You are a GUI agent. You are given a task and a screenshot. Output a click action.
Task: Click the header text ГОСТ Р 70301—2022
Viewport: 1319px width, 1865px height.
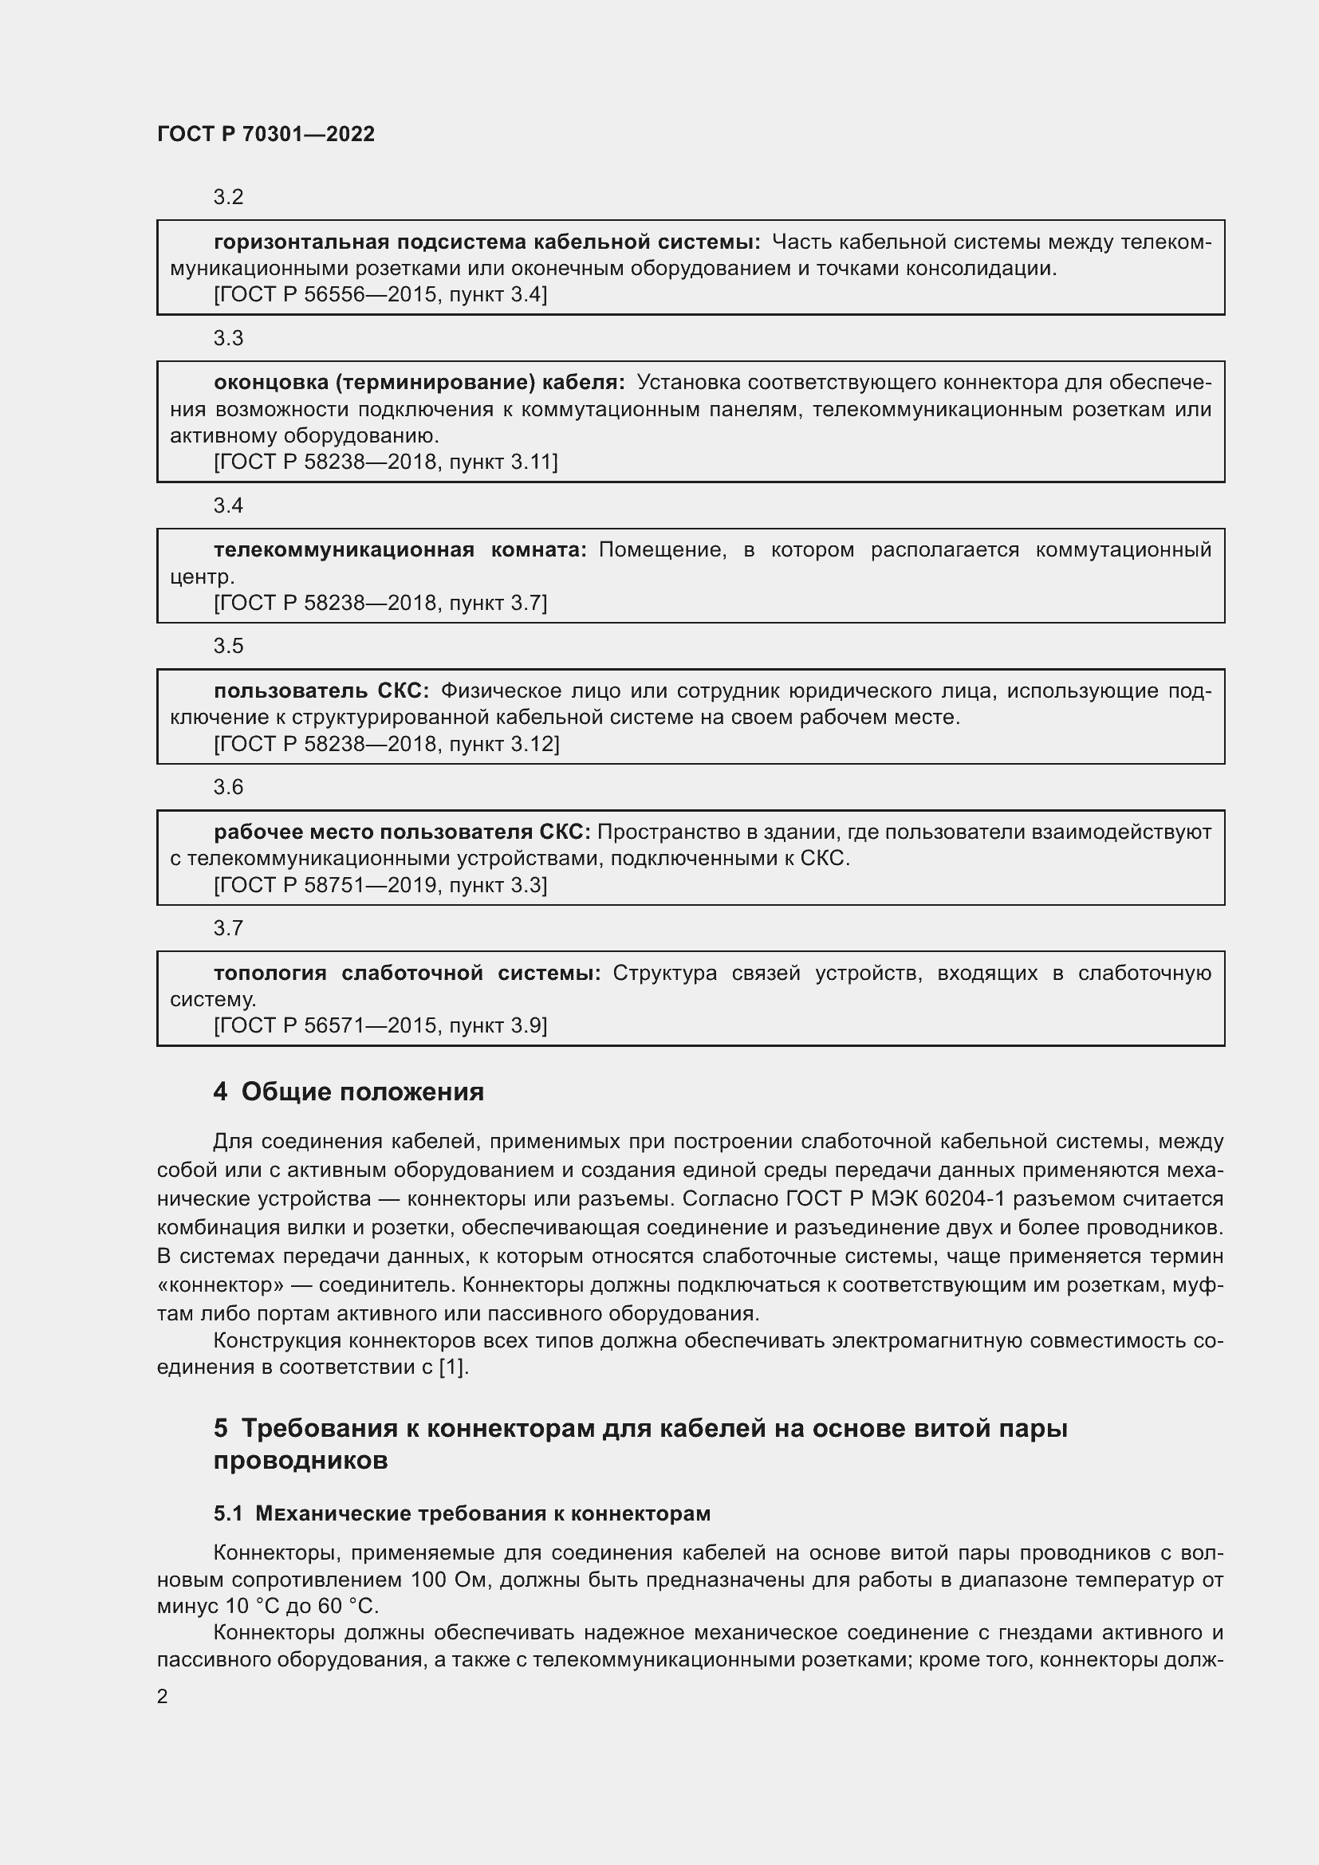click(266, 134)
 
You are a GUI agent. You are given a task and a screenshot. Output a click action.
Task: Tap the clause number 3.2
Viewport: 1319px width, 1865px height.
click(228, 198)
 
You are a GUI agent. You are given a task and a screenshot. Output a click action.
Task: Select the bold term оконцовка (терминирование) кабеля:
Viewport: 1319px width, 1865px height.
click(419, 383)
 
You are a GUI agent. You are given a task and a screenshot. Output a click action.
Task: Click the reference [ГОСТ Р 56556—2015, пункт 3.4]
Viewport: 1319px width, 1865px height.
click(380, 295)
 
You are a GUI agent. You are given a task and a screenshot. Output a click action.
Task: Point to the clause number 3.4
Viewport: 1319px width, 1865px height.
click(228, 506)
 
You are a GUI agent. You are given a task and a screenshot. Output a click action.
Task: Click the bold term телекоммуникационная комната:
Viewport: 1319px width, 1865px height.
click(400, 550)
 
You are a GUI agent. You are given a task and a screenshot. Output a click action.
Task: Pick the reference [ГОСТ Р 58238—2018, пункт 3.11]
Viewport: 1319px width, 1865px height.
click(386, 462)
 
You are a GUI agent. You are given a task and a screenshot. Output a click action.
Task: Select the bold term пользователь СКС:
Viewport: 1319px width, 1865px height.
click(321, 691)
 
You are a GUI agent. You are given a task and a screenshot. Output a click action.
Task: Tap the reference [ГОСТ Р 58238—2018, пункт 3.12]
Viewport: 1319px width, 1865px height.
click(387, 744)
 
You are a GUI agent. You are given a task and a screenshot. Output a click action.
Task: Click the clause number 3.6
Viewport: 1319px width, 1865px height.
click(228, 787)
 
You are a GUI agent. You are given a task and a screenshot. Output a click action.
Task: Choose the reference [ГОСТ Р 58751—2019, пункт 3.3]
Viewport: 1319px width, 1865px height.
click(380, 884)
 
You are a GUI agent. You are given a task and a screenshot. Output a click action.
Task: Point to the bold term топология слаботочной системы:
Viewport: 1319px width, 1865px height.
click(407, 973)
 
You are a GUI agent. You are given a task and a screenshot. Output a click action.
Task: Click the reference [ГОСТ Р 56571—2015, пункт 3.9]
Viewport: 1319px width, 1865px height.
click(380, 1026)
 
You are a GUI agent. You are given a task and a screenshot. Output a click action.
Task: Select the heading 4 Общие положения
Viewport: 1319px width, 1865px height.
click(348, 1092)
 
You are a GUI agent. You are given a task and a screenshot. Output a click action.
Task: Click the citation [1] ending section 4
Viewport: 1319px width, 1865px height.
click(452, 1367)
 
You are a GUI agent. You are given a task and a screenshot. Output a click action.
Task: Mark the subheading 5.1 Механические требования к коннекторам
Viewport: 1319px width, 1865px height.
click(463, 1513)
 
